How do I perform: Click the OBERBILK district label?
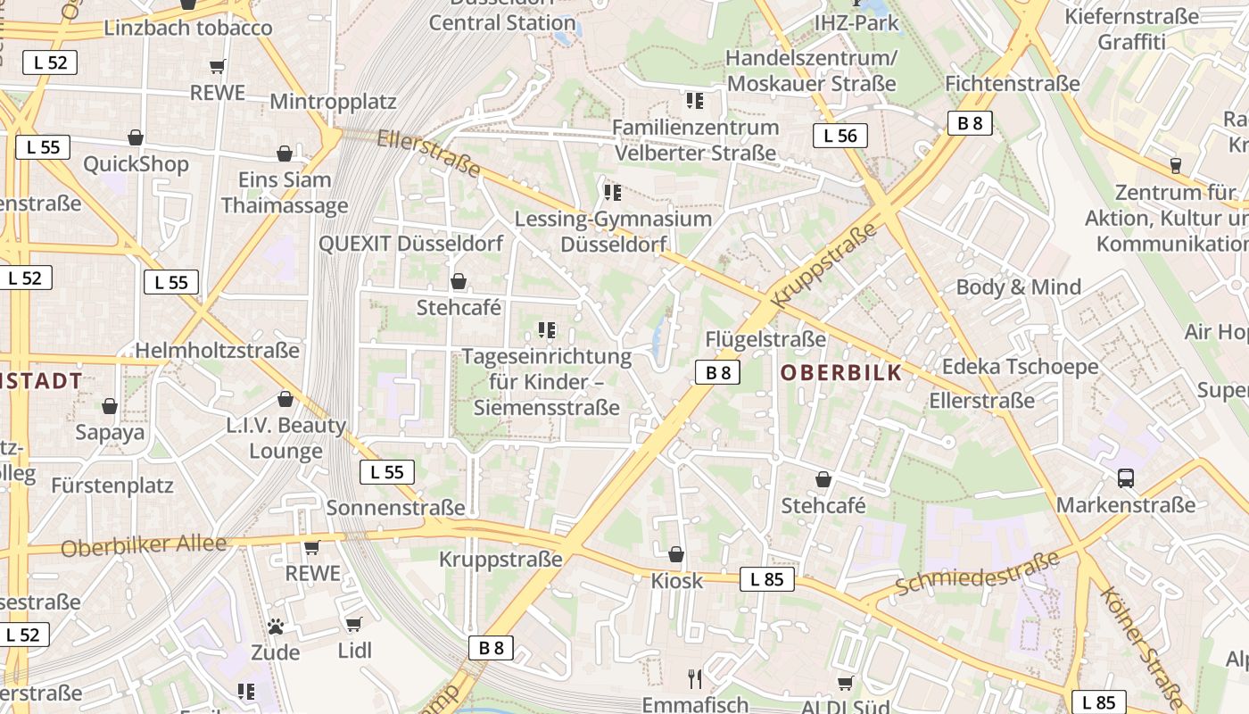[841, 373]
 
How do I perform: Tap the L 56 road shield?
[840, 136]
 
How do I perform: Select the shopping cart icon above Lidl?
[353, 624]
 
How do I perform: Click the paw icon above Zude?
[275, 627]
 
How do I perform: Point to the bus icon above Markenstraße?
[1126, 478]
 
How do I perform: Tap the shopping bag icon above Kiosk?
[676, 555]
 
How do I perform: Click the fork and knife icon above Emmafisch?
[695, 679]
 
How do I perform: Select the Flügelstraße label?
[765, 339]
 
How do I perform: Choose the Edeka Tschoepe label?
[1020, 367]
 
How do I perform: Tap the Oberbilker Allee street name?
[144, 544]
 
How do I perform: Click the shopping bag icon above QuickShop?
[136, 137]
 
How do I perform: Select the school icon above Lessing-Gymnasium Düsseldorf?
[612, 192]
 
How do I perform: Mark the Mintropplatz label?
[333, 101]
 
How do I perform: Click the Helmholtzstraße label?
[217, 351]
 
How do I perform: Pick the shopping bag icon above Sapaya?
[110, 407]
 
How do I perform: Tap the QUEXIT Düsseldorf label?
[410, 244]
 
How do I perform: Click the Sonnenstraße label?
[395, 508]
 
